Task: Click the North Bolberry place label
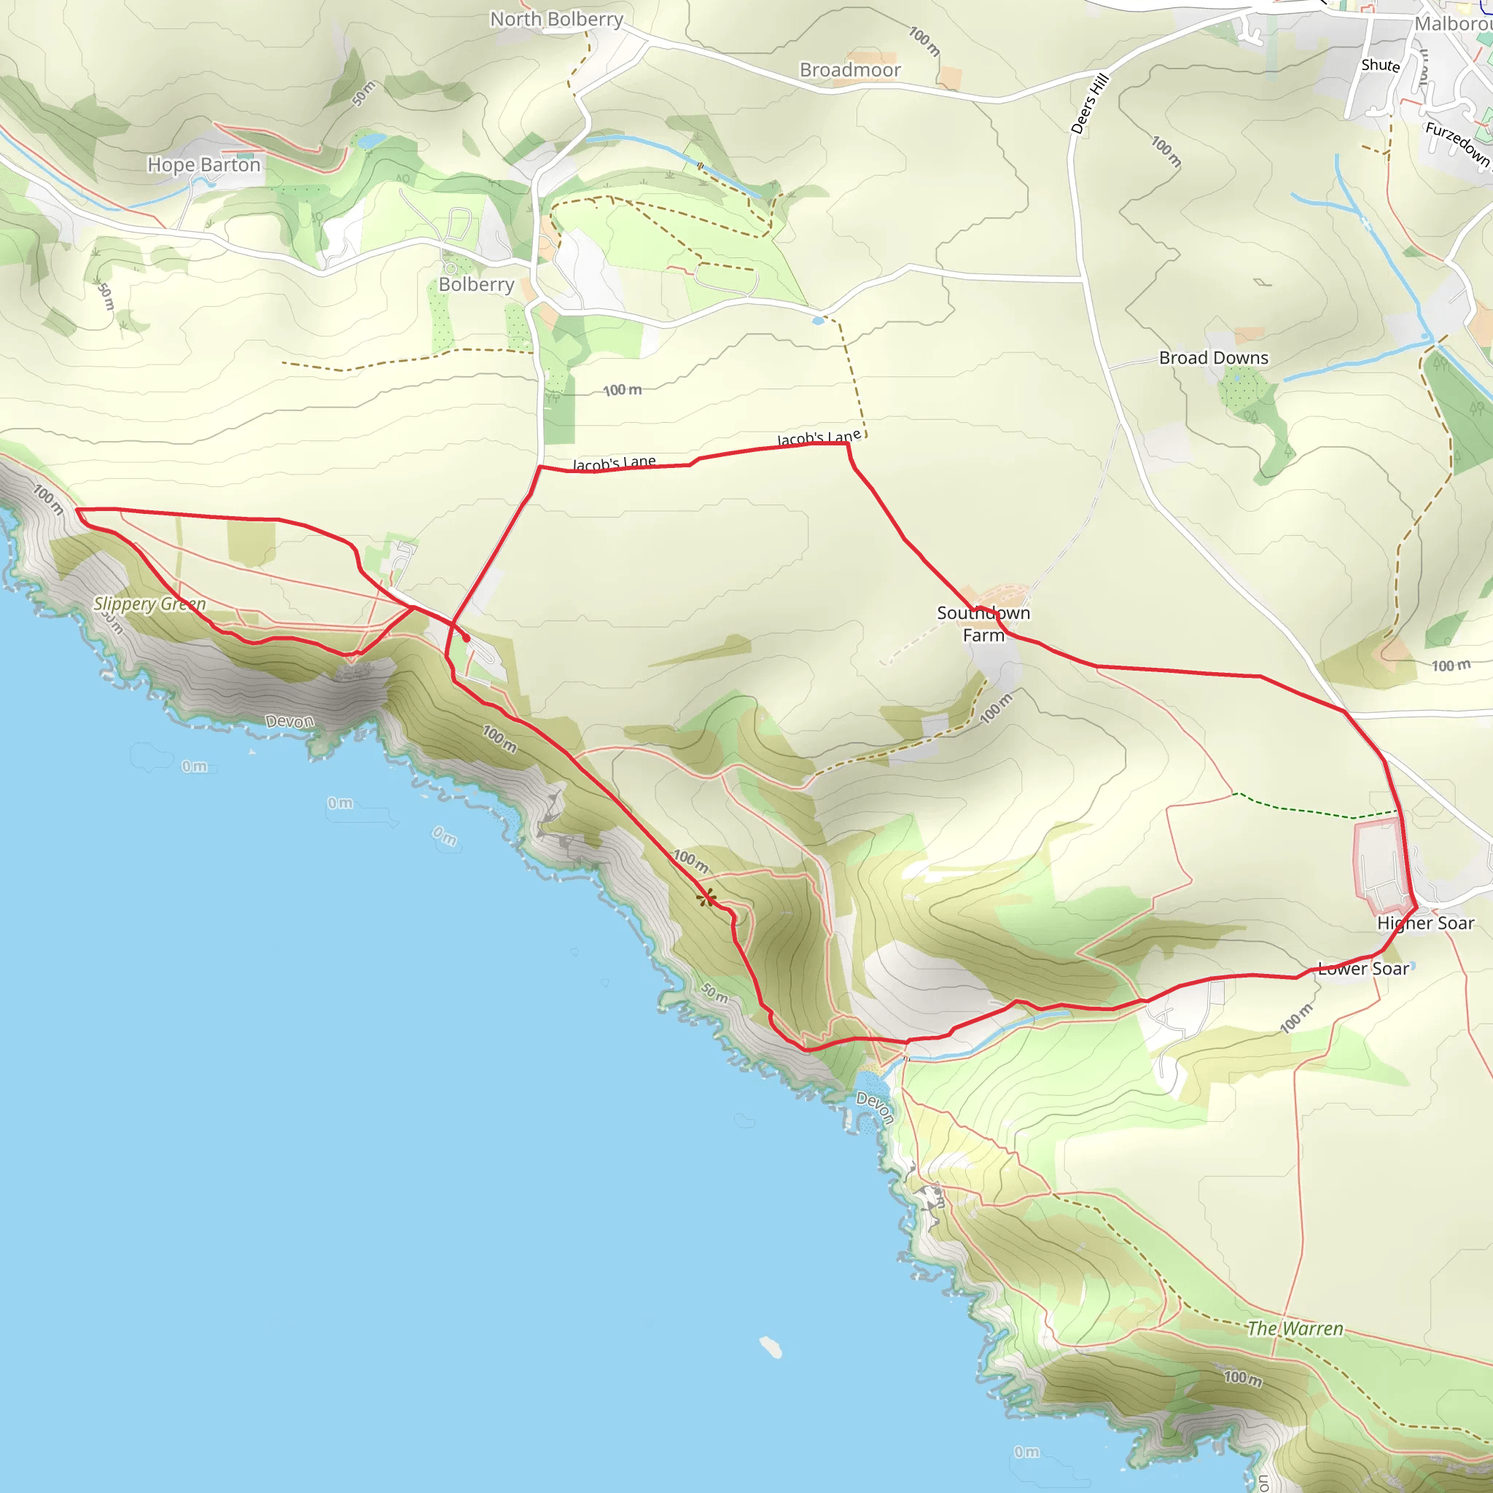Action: pos(556,20)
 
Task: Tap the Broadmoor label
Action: pos(850,70)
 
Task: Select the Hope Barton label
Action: pos(204,165)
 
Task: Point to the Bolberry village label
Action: pos(476,284)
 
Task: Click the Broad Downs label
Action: pos(1213,358)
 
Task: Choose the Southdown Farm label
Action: pos(983,623)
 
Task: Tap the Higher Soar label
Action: pos(1425,923)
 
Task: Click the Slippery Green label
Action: pos(150,604)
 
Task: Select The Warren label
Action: pos(1295,1328)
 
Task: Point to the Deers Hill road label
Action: pos(1090,104)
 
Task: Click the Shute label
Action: pos(1380,66)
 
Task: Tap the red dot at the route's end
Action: pos(466,639)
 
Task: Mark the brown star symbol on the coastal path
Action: pos(706,898)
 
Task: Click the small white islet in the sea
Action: pos(771,1347)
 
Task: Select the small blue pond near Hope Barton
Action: pos(372,141)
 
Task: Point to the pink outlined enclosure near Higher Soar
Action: pos(1380,866)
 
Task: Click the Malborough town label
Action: pos(1453,24)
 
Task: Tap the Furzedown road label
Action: pos(1456,143)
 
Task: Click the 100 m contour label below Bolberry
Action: pos(622,390)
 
